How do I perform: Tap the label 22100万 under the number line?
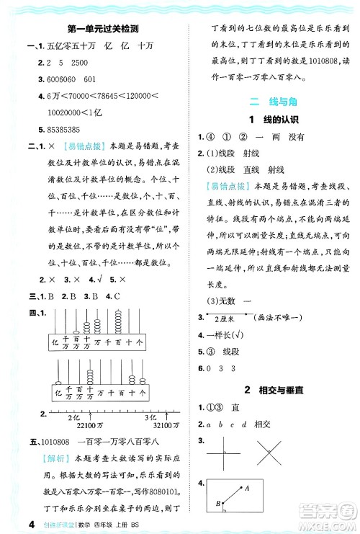[x=87, y=424]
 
